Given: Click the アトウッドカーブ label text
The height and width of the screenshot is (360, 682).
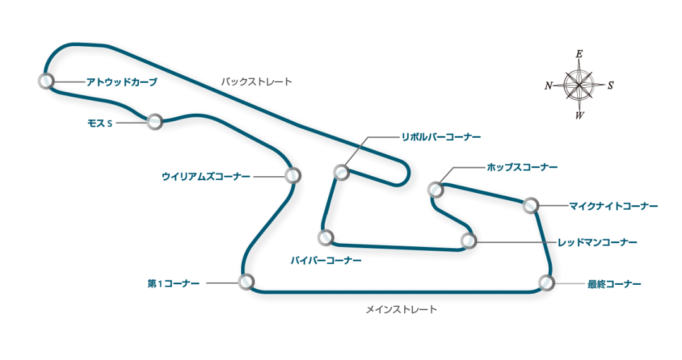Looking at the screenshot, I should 121,82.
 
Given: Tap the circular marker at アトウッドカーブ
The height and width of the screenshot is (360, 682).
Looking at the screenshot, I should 45,81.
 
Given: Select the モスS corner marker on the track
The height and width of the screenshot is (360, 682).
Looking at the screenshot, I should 155,122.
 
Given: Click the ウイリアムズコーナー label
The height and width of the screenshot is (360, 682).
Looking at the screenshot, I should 206,177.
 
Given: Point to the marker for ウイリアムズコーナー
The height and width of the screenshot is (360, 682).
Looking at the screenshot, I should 292,175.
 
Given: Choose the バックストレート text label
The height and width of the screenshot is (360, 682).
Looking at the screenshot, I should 256,81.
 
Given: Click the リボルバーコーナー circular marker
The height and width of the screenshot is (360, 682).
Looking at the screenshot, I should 341,172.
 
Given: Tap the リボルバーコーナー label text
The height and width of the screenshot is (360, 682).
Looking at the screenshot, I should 441,137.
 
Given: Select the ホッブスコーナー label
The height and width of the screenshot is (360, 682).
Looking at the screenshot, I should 522,167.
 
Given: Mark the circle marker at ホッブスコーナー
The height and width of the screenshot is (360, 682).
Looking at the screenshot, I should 434,189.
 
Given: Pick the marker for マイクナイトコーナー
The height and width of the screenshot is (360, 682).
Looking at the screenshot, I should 530,205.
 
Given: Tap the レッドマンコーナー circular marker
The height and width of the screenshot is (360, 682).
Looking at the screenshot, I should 468,241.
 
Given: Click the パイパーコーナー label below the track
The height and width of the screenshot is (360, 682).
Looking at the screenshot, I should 326,260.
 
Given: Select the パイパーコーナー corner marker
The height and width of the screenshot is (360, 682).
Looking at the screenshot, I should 325,237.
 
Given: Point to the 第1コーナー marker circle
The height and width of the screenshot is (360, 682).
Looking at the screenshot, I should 246,282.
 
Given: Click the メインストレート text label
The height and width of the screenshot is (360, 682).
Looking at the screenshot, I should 401,309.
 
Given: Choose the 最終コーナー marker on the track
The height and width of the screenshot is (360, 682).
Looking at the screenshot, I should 546,282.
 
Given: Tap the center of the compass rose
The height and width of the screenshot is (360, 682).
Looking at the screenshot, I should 579,85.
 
